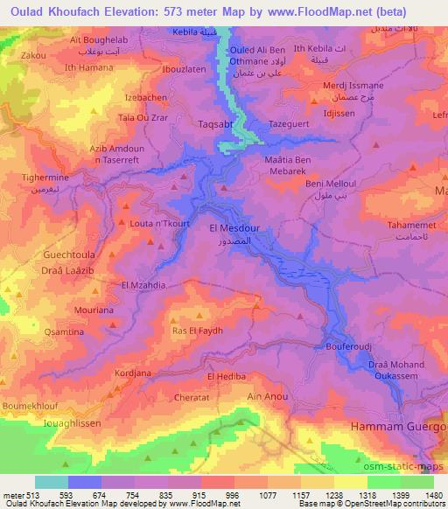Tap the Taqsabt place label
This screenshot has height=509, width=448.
[x=213, y=125]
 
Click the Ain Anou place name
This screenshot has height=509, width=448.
[x=268, y=397]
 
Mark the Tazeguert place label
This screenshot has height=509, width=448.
[x=290, y=126]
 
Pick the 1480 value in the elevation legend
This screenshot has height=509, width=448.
[x=431, y=493]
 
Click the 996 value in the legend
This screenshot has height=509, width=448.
[x=233, y=493]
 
